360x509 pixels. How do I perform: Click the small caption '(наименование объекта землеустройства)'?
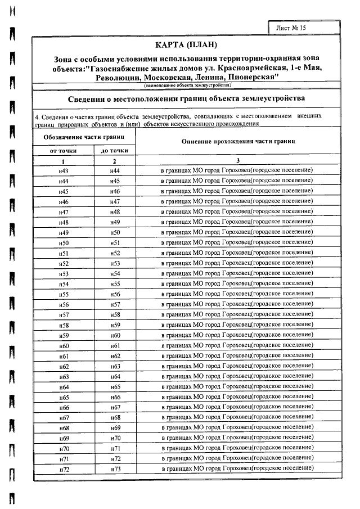[187, 85]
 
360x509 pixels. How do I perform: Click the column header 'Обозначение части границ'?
[84, 137]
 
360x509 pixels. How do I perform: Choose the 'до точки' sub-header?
[114, 151]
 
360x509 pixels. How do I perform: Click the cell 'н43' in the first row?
[64, 170]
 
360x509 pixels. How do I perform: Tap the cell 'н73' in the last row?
[116, 469]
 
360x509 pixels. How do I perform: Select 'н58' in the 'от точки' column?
[64, 325]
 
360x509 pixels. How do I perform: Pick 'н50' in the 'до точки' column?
[116, 232]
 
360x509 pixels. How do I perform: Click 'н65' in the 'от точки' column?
[64, 397]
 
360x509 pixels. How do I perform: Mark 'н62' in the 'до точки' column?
[116, 356]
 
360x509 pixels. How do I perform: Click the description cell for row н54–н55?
[237, 284]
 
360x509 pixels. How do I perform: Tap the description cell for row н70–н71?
[237, 448]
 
